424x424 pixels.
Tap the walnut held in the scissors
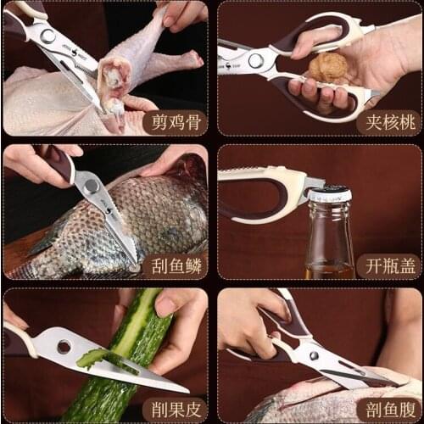point(327,68)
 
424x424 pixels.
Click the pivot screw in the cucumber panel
point(64,346)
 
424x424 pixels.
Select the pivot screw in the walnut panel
point(255,60)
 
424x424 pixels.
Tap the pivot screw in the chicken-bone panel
point(47,36)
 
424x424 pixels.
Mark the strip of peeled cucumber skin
point(93,358)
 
